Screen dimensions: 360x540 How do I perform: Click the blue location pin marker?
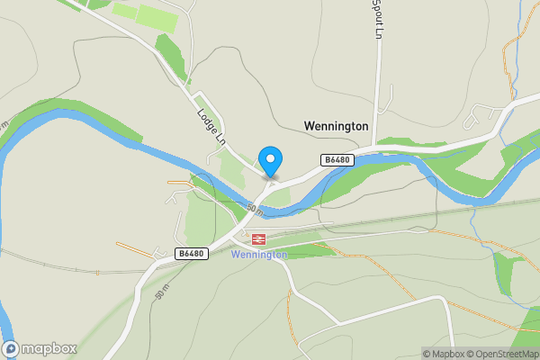click(x=270, y=161)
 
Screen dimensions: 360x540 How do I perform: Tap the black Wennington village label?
click(x=336, y=127)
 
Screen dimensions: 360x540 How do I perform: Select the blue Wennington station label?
click(x=259, y=255)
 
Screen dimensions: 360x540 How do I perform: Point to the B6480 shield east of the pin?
click(x=337, y=160)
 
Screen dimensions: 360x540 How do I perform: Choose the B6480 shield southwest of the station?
click(x=192, y=254)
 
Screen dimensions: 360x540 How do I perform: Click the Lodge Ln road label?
click(x=209, y=127)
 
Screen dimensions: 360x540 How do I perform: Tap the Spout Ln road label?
click(x=379, y=20)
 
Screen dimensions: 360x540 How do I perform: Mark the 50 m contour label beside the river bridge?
click(x=256, y=211)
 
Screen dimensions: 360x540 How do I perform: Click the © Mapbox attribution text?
click(x=443, y=354)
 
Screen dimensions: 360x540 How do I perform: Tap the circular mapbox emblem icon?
click(x=11, y=349)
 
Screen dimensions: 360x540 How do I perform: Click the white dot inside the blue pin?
click(x=270, y=157)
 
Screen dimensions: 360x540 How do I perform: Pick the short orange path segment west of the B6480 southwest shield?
click(x=135, y=249)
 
